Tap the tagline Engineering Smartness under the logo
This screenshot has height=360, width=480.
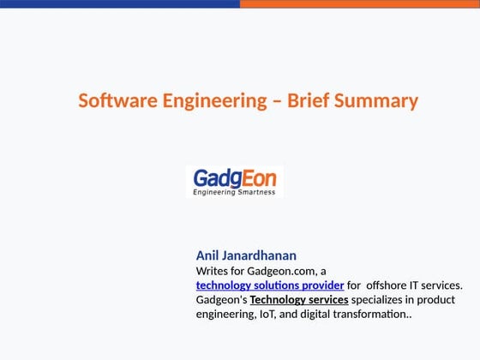(x=234, y=192)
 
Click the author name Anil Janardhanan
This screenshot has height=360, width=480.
(x=246, y=255)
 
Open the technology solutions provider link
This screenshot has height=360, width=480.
(x=270, y=285)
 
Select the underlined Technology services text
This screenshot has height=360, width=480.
(x=299, y=300)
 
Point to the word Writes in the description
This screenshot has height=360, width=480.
(x=213, y=271)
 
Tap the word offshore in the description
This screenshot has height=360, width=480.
(x=389, y=285)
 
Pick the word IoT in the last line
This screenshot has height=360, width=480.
(x=270, y=315)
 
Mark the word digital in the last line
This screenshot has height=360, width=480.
(x=321, y=315)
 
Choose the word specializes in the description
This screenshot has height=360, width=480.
(x=381, y=300)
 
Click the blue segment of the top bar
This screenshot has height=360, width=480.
(x=120, y=3)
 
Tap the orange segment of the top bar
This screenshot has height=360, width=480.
(x=360, y=3)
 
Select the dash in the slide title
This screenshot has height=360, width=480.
(x=277, y=101)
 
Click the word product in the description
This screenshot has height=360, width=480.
(x=437, y=300)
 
